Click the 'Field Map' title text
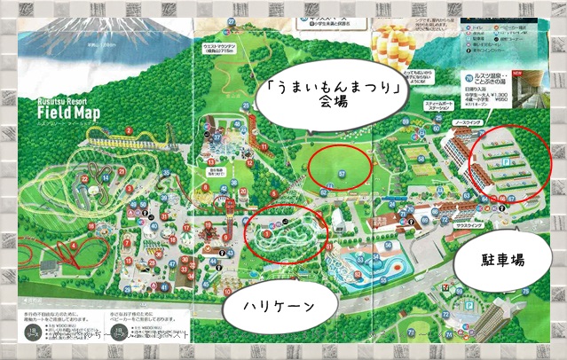(68, 113)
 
